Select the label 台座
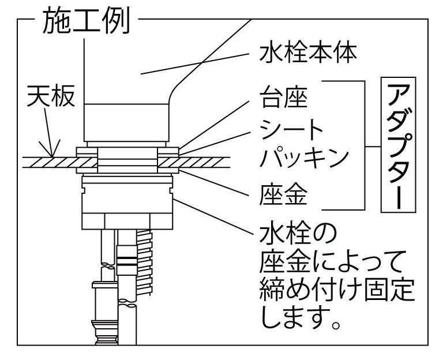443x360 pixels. coord(283,97)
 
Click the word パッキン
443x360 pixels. coord(305,157)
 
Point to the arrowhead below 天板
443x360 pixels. coord(52,152)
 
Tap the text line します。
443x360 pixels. coord(299,318)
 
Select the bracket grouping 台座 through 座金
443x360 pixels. coord(362,144)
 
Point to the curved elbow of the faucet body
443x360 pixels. coord(176,92)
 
